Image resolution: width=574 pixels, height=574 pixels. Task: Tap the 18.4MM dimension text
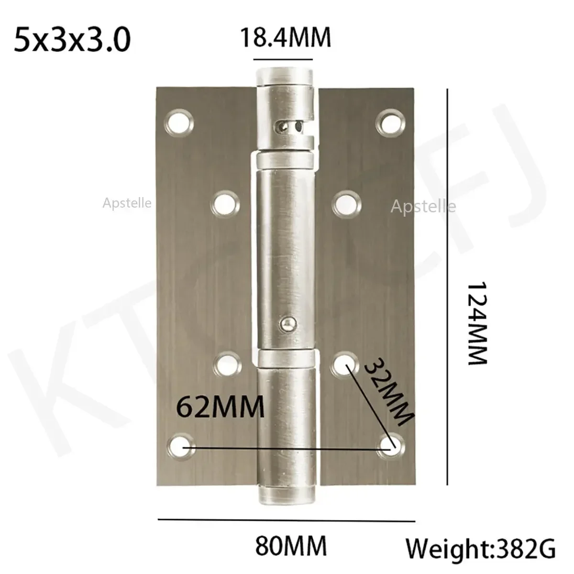click(285, 38)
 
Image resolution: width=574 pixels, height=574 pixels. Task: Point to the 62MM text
click(221, 408)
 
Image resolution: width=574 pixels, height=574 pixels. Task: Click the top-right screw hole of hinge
click(392, 121)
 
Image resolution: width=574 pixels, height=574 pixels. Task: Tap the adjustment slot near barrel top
click(289, 127)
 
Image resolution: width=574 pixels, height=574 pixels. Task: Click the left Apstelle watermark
click(127, 203)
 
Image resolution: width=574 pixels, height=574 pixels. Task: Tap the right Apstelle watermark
click(423, 207)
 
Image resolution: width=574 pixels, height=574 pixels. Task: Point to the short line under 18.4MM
click(283, 59)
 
